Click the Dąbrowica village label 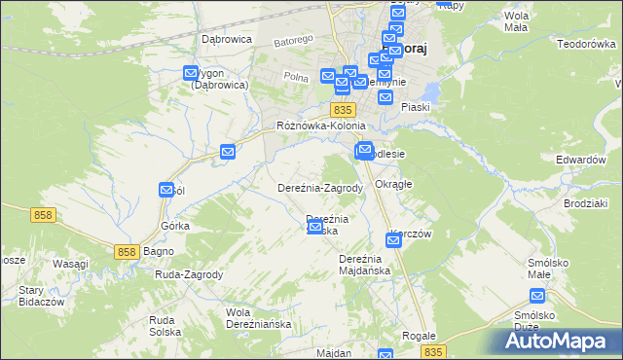[226, 39]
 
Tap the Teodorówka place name [588, 44]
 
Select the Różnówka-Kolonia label [320, 126]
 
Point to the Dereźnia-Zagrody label [320, 188]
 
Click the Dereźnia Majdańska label [364, 264]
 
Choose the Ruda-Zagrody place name [189, 274]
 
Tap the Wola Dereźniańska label [258, 318]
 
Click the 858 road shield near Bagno [126, 252]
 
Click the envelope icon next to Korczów [392, 240]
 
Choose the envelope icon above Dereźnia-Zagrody [228, 152]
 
